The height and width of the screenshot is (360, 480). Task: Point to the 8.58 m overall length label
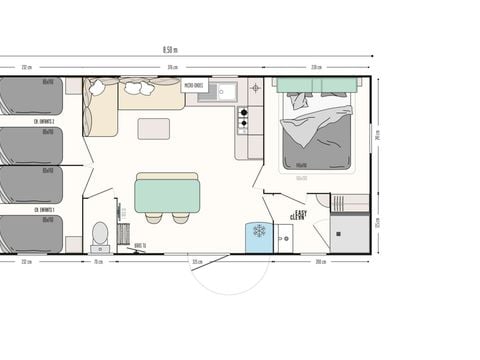click(170, 49)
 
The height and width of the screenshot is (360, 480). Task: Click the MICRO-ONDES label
click(195, 86)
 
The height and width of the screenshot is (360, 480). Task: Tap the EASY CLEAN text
click(298, 215)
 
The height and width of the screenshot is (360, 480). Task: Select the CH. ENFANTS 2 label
click(42, 122)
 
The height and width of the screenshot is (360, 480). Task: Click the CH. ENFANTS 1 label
click(42, 210)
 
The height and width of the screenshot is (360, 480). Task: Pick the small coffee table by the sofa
click(154, 128)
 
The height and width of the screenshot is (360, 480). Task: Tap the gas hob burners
click(241, 121)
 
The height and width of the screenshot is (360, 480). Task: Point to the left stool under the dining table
click(153, 217)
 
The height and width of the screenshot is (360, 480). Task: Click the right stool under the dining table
click(181, 217)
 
